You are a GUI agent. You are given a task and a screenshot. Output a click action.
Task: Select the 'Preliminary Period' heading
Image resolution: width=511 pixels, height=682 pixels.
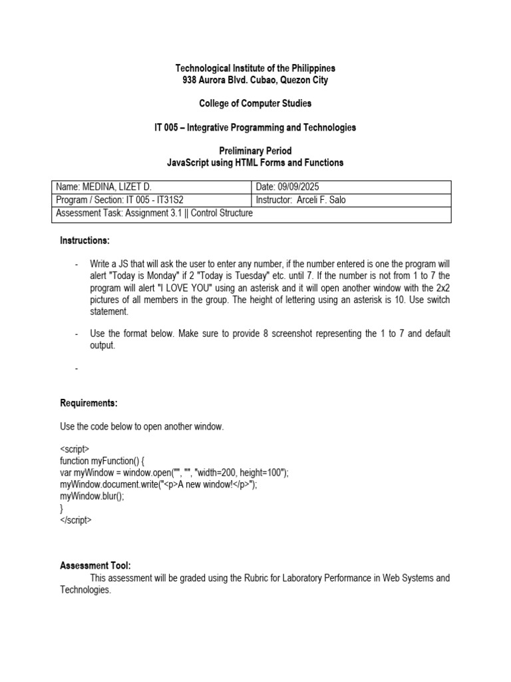tap(255, 151)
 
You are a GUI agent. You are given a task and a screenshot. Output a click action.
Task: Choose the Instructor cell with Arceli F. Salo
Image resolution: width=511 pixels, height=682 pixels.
tap(301, 200)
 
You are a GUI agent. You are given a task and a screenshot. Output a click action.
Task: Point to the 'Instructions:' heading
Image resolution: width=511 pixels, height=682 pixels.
tap(85, 240)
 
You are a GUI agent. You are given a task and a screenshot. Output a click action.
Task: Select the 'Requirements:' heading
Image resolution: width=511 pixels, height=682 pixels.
tap(88, 403)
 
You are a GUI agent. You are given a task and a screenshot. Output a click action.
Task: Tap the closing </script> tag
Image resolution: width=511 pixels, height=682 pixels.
tap(75, 520)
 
